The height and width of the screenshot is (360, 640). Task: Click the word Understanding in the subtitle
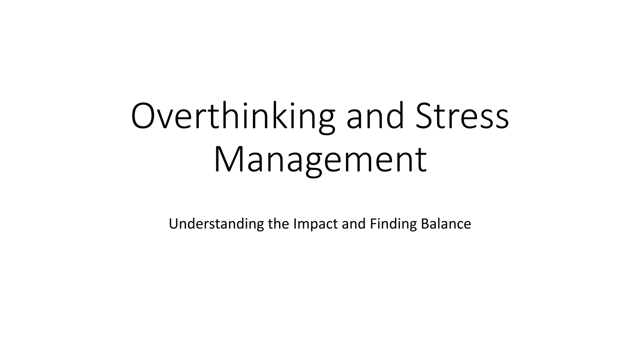(x=216, y=224)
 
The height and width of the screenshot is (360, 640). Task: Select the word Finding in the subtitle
(x=393, y=224)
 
